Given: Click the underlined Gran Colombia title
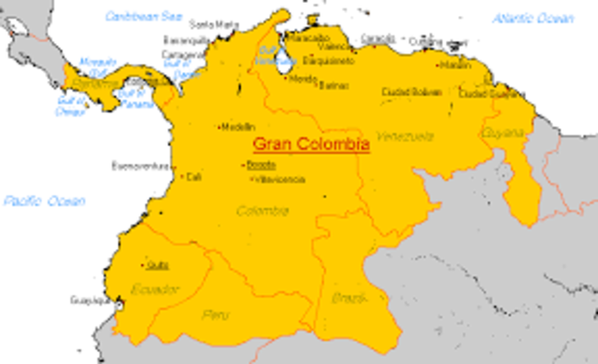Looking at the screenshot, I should click(x=311, y=146).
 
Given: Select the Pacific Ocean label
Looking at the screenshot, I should click(x=43, y=201).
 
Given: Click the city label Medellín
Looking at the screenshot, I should click(x=237, y=127).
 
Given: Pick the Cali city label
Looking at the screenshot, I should click(x=193, y=176).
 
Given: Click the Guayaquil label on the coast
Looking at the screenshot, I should click(x=90, y=300).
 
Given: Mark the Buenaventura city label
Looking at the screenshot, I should click(x=143, y=167).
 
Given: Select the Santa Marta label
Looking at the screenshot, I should click(x=214, y=23).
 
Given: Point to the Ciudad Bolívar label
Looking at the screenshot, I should click(x=411, y=92).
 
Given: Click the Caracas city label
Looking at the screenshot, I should click(x=377, y=38).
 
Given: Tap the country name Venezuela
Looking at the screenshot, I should click(x=406, y=137).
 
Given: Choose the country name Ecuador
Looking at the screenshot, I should click(x=155, y=288).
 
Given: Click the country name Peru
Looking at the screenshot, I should click(x=215, y=314).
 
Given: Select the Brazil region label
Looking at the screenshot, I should click(x=346, y=298).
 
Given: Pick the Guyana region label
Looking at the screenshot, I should click(x=503, y=134).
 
